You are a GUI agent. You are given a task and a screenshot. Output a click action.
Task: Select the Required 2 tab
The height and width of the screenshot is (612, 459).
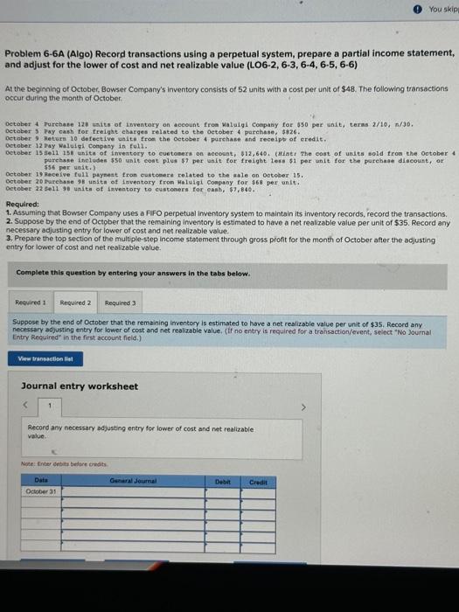coord(76,303)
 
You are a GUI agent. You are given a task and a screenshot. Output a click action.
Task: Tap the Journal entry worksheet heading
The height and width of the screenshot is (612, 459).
coord(80,386)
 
